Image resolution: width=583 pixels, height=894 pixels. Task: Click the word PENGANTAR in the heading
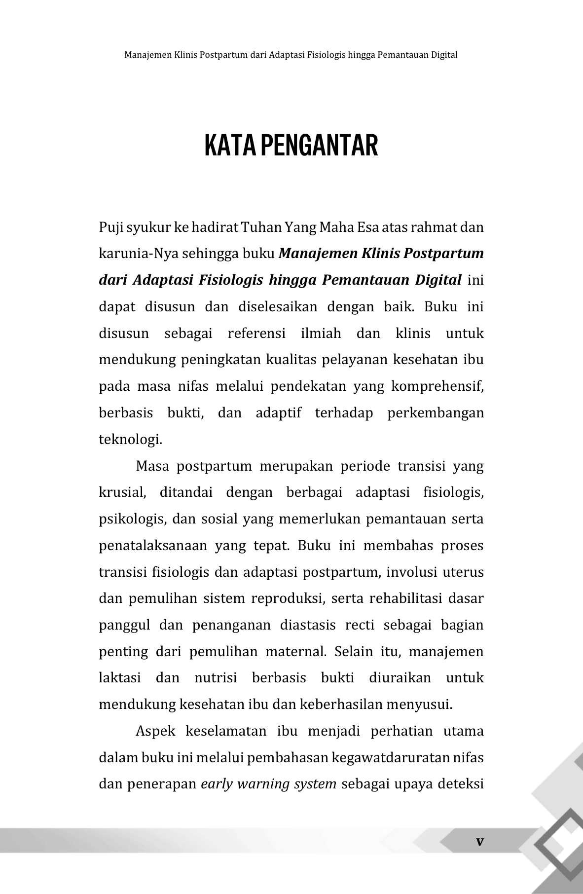tap(319, 146)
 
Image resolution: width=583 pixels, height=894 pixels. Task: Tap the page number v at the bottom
tap(479, 841)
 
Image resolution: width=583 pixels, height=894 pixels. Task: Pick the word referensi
tap(256, 334)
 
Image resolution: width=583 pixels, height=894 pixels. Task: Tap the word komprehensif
tap(437, 387)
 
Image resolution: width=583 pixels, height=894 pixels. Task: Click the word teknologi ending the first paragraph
tap(130, 440)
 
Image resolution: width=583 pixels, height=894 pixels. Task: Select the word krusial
tap(122, 493)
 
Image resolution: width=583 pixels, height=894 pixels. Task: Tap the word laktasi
tap(120, 678)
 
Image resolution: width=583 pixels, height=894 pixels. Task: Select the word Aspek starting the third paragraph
tap(155, 731)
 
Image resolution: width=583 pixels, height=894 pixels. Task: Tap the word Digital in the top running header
tap(444, 55)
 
